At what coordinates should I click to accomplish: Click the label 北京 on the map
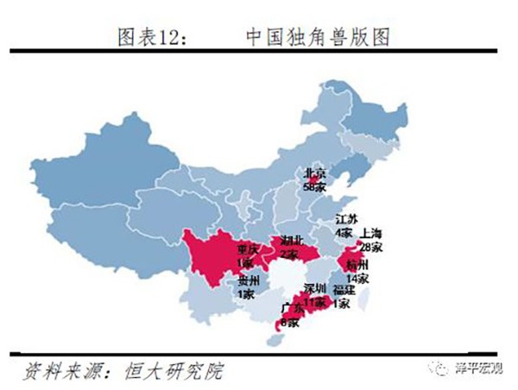(314, 173)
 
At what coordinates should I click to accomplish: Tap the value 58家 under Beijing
(314, 185)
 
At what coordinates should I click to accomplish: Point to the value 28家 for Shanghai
(372, 246)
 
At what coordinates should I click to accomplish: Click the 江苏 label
(345, 220)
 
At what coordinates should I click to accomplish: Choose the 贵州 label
(247, 280)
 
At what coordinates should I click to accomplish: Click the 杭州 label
(357, 264)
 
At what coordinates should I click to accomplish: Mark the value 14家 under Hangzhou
(357, 278)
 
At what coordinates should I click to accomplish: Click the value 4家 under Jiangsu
(344, 232)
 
